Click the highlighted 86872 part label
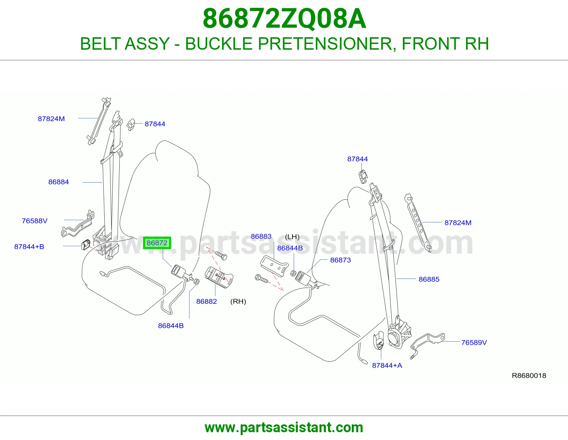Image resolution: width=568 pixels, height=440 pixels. [157, 243]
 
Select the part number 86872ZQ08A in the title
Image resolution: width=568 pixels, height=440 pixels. [284, 18]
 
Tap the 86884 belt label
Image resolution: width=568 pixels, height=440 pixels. [59, 182]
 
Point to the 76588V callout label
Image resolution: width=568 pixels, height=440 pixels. [35, 221]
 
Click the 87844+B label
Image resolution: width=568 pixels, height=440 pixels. [29, 247]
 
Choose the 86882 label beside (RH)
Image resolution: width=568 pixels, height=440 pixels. [207, 301]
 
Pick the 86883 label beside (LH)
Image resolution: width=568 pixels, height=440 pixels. [261, 236]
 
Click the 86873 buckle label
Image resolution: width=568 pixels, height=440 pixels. [340, 260]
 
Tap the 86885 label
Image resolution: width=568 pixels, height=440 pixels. [429, 279]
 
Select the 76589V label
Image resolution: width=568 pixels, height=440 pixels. [474, 342]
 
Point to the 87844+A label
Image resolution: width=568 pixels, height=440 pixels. [387, 365]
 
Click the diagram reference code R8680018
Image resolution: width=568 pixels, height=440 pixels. [529, 375]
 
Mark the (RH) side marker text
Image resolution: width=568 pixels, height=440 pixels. [238, 302]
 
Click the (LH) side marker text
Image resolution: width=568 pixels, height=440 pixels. [292, 237]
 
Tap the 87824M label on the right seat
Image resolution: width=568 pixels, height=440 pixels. [458, 222]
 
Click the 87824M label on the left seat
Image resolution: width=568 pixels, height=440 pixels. [51, 119]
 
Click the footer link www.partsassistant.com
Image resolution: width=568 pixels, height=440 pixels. [284, 428]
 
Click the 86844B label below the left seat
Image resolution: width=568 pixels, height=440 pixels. [171, 325]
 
